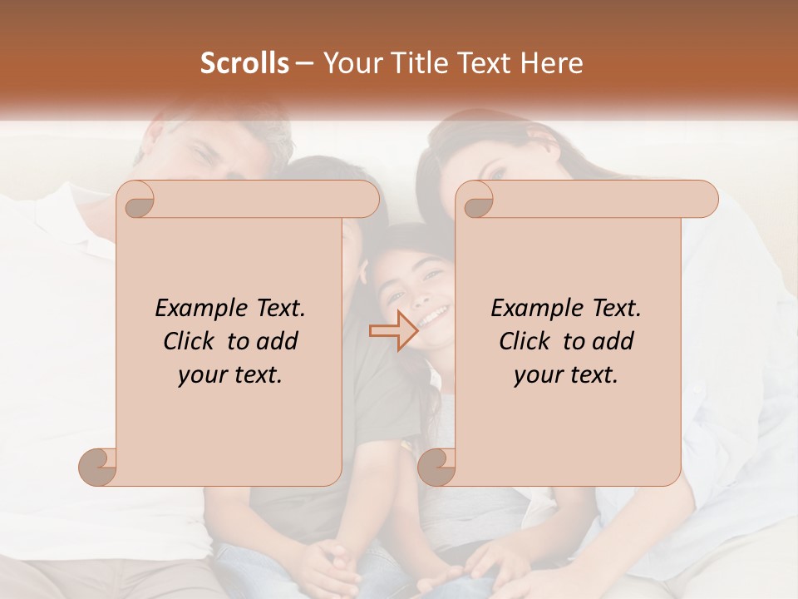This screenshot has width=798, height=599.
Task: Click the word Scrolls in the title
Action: [244, 63]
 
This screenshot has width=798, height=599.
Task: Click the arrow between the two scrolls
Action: [393, 330]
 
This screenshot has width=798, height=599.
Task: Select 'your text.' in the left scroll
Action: [230, 375]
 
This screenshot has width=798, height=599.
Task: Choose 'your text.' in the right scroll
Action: [566, 375]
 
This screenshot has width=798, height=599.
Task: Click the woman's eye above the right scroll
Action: [497, 172]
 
